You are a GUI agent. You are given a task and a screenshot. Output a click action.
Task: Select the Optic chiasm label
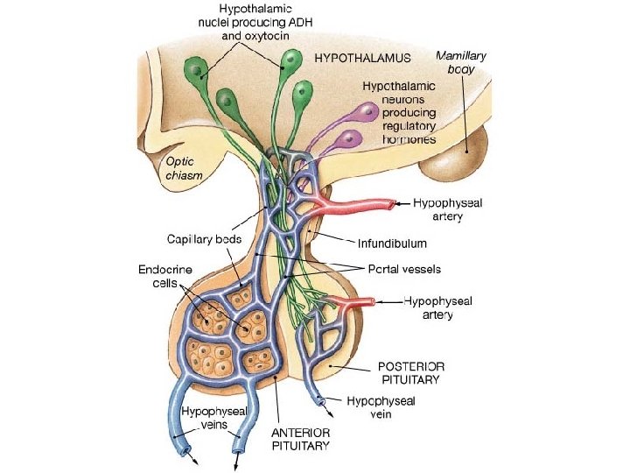184,169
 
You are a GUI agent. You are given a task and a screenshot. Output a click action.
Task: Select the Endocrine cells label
164,276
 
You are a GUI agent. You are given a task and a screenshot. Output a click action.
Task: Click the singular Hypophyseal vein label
381,407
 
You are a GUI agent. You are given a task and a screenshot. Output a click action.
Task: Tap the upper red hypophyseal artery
354,207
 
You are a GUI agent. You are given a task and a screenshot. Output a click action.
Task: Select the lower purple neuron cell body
351,138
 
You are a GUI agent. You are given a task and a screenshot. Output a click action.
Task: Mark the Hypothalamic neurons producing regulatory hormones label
399,113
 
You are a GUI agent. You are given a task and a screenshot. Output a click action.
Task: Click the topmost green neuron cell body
290,60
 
